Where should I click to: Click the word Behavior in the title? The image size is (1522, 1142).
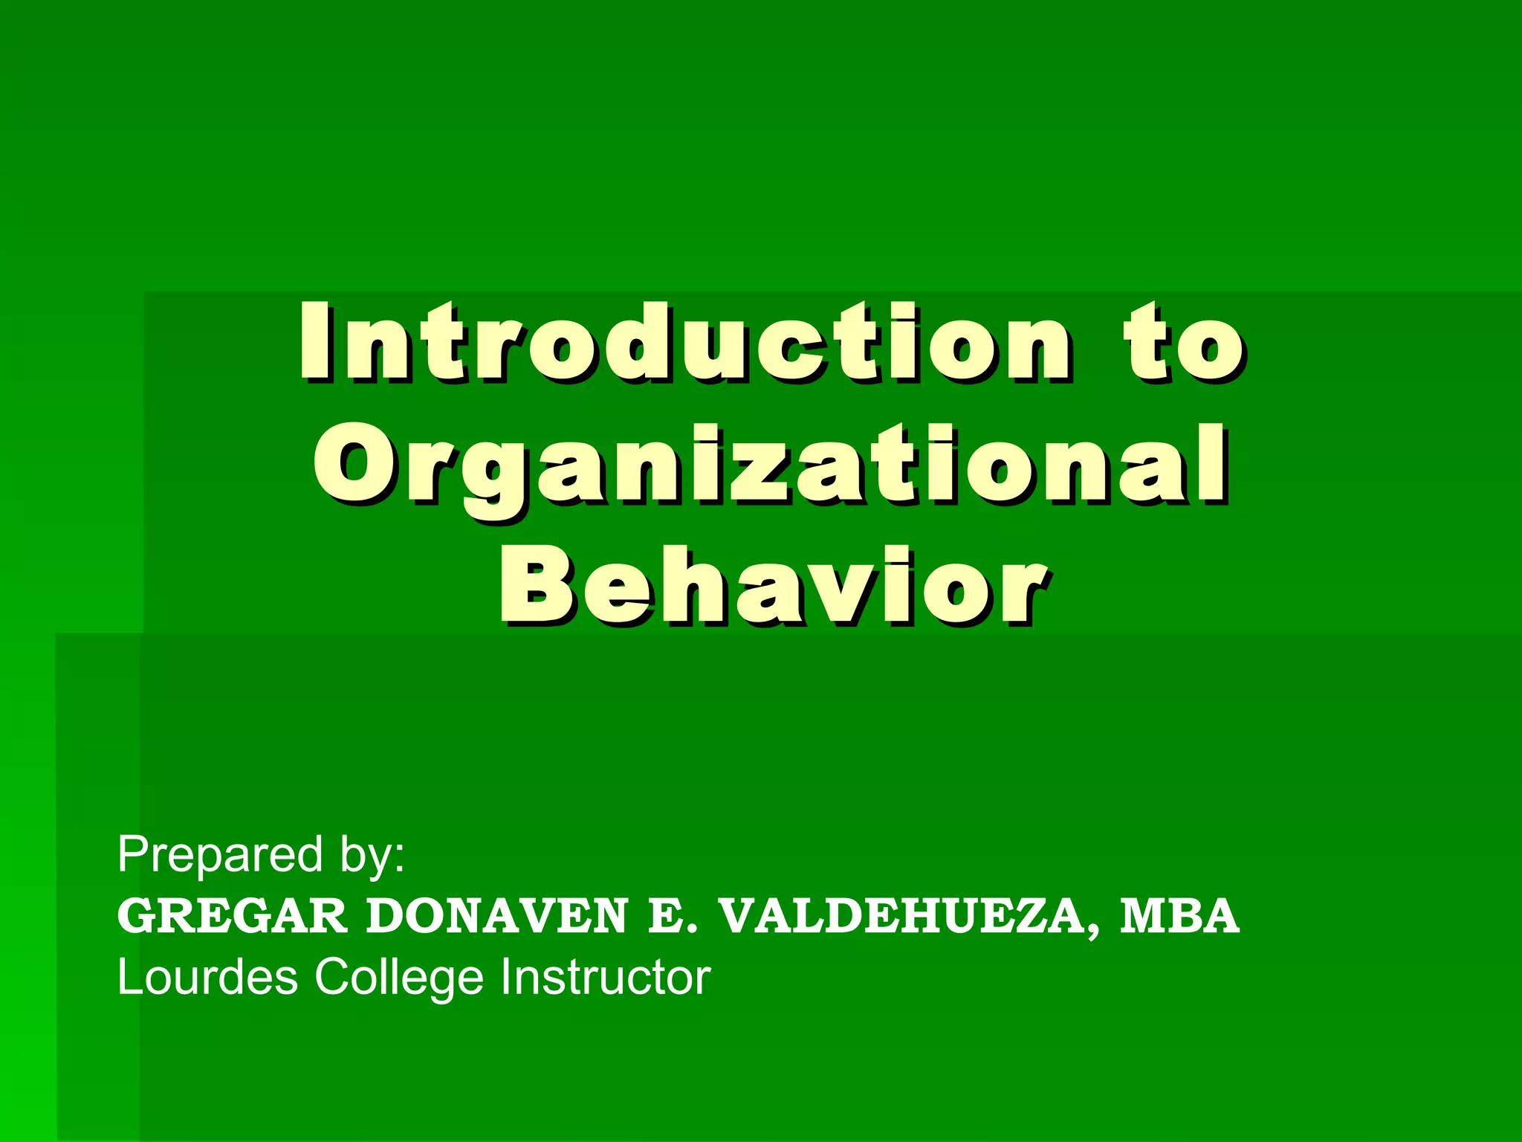(x=773, y=587)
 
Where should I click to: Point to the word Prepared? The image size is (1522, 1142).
(x=220, y=855)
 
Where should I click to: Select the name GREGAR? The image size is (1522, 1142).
(x=232, y=916)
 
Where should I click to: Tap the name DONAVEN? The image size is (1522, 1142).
(x=496, y=916)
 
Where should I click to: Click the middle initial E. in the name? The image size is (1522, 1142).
(x=673, y=916)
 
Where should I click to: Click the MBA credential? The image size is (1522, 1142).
(x=1179, y=916)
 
